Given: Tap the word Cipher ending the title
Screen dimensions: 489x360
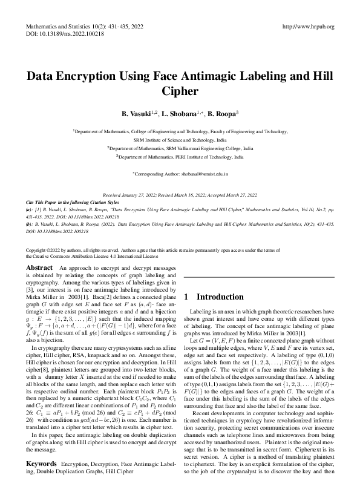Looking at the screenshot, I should pos(180,92).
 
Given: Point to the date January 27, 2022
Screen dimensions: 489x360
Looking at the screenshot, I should pos(145,195).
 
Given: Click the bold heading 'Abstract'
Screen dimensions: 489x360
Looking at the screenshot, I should pos(40,267).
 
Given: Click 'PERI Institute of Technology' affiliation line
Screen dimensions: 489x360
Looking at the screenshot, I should pos(180,156).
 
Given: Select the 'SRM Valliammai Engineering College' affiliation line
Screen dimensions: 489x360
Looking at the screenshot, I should pos(180,148).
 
